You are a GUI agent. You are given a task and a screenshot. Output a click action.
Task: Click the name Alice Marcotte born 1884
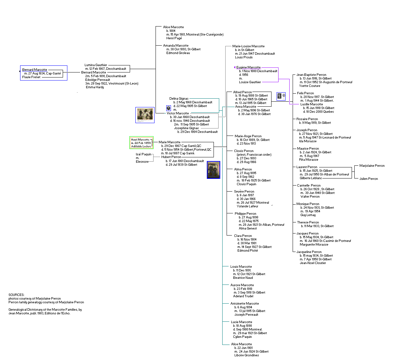tap(173, 27)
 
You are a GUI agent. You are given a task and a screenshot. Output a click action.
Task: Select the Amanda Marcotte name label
tap(176, 46)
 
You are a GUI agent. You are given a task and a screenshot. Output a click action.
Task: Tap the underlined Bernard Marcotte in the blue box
tap(35, 70)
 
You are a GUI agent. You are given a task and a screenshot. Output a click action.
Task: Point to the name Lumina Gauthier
tap(96, 65)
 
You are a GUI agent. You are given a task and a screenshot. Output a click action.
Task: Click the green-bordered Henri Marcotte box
tap(141, 143)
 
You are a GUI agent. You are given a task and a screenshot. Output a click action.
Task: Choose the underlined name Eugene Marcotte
tap(248, 67)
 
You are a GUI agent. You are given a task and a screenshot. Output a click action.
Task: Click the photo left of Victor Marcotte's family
tap(145, 115)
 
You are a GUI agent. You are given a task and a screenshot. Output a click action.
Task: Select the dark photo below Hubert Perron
tap(214, 170)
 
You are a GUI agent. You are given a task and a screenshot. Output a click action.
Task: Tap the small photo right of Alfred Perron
tap(281, 96)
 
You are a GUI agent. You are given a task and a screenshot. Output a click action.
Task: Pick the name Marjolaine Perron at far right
tap(372, 166)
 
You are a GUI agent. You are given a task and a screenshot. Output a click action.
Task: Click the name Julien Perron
tap(368, 179)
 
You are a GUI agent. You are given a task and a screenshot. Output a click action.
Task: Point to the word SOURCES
tap(16, 295)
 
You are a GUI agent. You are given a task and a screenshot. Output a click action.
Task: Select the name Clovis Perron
tap(244, 151)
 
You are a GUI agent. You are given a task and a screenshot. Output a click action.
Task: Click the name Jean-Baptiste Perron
tap(311, 75)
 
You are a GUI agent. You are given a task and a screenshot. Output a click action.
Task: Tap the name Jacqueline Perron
tap(309, 252)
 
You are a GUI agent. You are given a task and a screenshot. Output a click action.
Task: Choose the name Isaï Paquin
tap(143, 154)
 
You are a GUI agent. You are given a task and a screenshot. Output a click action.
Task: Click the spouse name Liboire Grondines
tap(246, 355)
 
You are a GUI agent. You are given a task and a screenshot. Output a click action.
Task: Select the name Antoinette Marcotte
tap(244, 304)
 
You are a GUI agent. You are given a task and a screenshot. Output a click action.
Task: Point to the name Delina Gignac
tap(179, 99)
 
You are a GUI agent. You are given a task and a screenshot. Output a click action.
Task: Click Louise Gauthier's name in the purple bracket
tap(250, 82)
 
